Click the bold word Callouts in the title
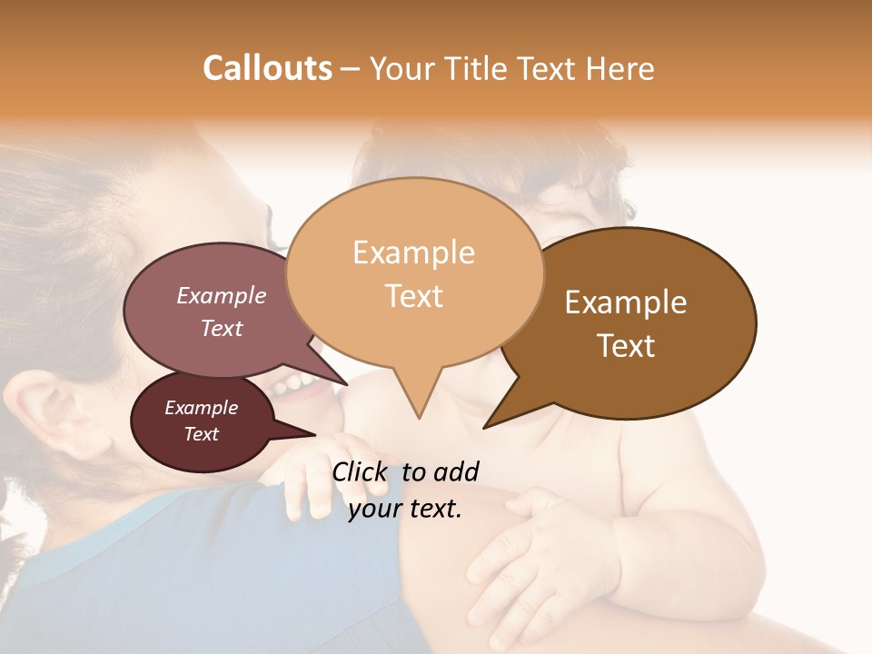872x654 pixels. pyautogui.click(x=267, y=68)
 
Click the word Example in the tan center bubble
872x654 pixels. pyautogui.click(x=413, y=253)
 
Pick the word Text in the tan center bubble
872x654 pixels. pyautogui.click(x=413, y=296)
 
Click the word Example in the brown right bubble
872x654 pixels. pyautogui.click(x=626, y=302)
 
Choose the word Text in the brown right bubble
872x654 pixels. pyautogui.click(x=626, y=346)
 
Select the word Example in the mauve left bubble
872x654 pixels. pyautogui.click(x=222, y=295)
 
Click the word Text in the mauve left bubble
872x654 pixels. pyautogui.click(x=222, y=328)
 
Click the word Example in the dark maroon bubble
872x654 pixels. pyautogui.click(x=201, y=408)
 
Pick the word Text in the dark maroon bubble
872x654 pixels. pyautogui.click(x=201, y=434)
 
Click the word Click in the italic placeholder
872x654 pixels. pyautogui.click(x=362, y=471)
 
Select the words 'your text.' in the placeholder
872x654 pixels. pyautogui.click(x=405, y=509)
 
